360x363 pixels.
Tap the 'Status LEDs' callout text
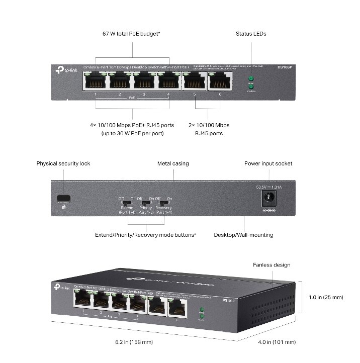[251, 34]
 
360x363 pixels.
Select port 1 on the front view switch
[96, 81]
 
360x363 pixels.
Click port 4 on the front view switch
[168, 81]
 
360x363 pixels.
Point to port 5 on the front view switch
[194, 81]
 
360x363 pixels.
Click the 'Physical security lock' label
[63, 163]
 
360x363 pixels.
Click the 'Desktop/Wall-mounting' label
[243, 235]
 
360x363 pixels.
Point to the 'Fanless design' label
[272, 265]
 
